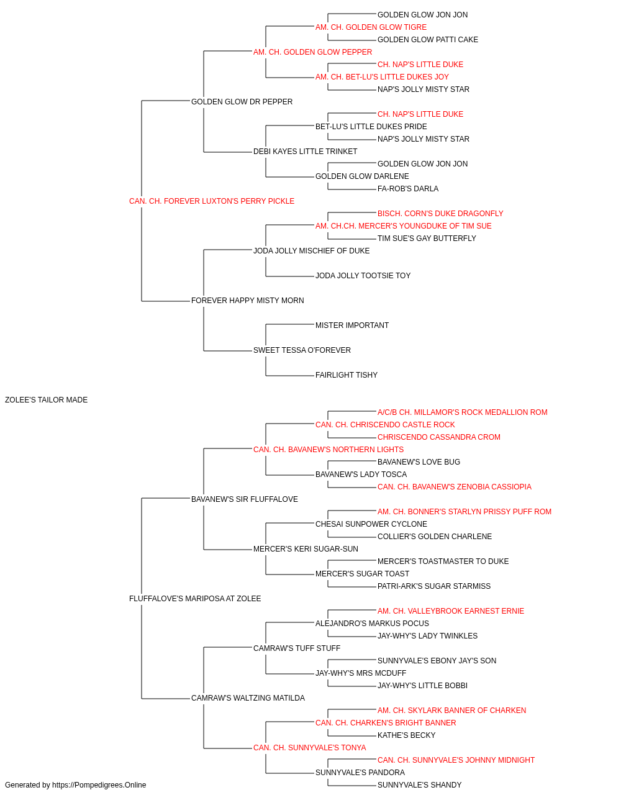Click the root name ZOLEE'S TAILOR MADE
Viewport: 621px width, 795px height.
point(46,400)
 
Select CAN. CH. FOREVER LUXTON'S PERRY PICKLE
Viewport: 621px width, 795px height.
point(212,201)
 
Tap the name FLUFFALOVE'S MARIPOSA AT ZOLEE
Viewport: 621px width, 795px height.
point(195,599)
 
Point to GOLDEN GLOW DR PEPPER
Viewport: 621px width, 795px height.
point(242,102)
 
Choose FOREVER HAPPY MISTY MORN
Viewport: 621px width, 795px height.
point(248,301)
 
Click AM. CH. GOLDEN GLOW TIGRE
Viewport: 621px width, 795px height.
point(371,27)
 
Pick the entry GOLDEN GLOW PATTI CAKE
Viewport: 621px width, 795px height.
point(427,40)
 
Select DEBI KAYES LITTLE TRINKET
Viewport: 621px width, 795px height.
point(305,152)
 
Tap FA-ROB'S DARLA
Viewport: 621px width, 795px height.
point(408,189)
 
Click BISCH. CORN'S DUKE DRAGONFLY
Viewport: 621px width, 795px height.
point(440,214)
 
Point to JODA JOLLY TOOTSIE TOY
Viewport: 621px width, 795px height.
point(363,276)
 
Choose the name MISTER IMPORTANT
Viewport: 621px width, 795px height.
point(352,325)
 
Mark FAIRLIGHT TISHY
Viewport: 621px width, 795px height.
point(347,375)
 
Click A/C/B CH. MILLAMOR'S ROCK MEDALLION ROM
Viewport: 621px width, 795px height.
point(462,412)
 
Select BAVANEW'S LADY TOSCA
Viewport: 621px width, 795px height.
point(361,475)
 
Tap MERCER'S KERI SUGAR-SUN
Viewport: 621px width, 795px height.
point(306,549)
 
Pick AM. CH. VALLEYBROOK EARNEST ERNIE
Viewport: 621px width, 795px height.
point(451,611)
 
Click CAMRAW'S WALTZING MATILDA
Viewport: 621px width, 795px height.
point(248,698)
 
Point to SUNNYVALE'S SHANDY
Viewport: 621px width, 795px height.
point(420,785)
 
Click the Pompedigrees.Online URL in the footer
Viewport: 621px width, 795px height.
point(99,785)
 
